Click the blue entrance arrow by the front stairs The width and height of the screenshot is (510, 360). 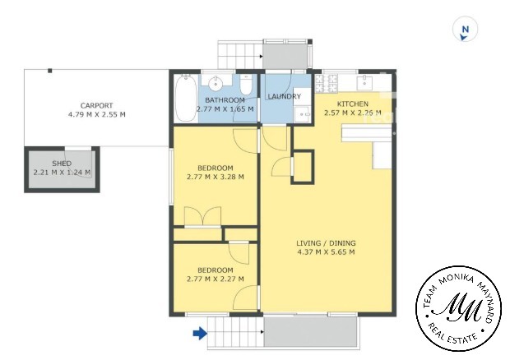click(x=200, y=333)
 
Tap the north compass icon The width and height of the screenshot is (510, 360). click(x=465, y=30)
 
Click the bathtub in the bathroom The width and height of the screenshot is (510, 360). click(x=186, y=99)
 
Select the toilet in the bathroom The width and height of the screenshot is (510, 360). click(x=246, y=84)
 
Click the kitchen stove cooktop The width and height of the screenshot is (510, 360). click(x=327, y=83)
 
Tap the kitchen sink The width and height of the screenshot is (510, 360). click(x=364, y=82)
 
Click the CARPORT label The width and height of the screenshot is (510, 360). click(x=96, y=105)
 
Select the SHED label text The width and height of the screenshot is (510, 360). click(x=62, y=164)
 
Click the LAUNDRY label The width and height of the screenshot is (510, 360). click(x=285, y=96)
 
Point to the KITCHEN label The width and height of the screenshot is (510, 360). click(x=353, y=104)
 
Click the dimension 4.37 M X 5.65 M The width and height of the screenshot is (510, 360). click(x=326, y=252)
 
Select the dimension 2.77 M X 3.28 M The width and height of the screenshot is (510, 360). click(x=216, y=177)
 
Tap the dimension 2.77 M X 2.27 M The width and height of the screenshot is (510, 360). click(x=216, y=279)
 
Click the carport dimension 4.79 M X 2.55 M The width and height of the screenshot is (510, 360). click(x=96, y=114)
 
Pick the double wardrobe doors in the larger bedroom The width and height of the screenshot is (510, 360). click(x=202, y=215)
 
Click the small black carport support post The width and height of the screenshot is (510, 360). click(x=49, y=71)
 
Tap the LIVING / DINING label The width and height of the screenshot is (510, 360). click(x=326, y=243)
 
